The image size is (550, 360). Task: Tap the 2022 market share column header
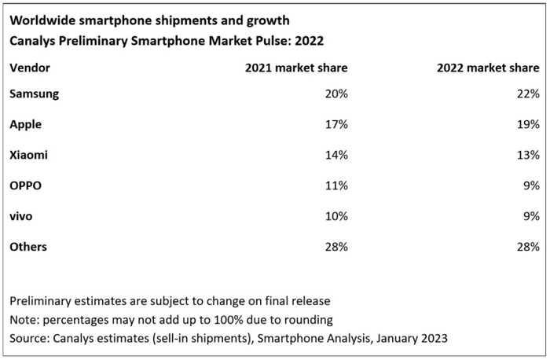coord(488,68)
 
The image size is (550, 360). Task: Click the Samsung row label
coord(34,94)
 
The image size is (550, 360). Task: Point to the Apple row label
coord(25,124)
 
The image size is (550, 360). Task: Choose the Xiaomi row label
coord(28,155)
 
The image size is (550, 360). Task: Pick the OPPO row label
coord(25,186)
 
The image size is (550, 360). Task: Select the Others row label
coord(28,247)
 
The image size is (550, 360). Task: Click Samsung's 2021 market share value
coord(335,94)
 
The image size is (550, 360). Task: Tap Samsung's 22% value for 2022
coord(527,94)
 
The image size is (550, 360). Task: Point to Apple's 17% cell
coord(335,124)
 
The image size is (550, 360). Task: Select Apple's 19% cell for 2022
coord(527,124)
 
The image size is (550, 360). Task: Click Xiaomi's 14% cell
coord(335,155)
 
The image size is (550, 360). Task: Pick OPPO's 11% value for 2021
coord(335,186)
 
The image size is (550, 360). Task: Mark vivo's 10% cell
coord(335,216)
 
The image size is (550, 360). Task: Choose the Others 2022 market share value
coord(527,247)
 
